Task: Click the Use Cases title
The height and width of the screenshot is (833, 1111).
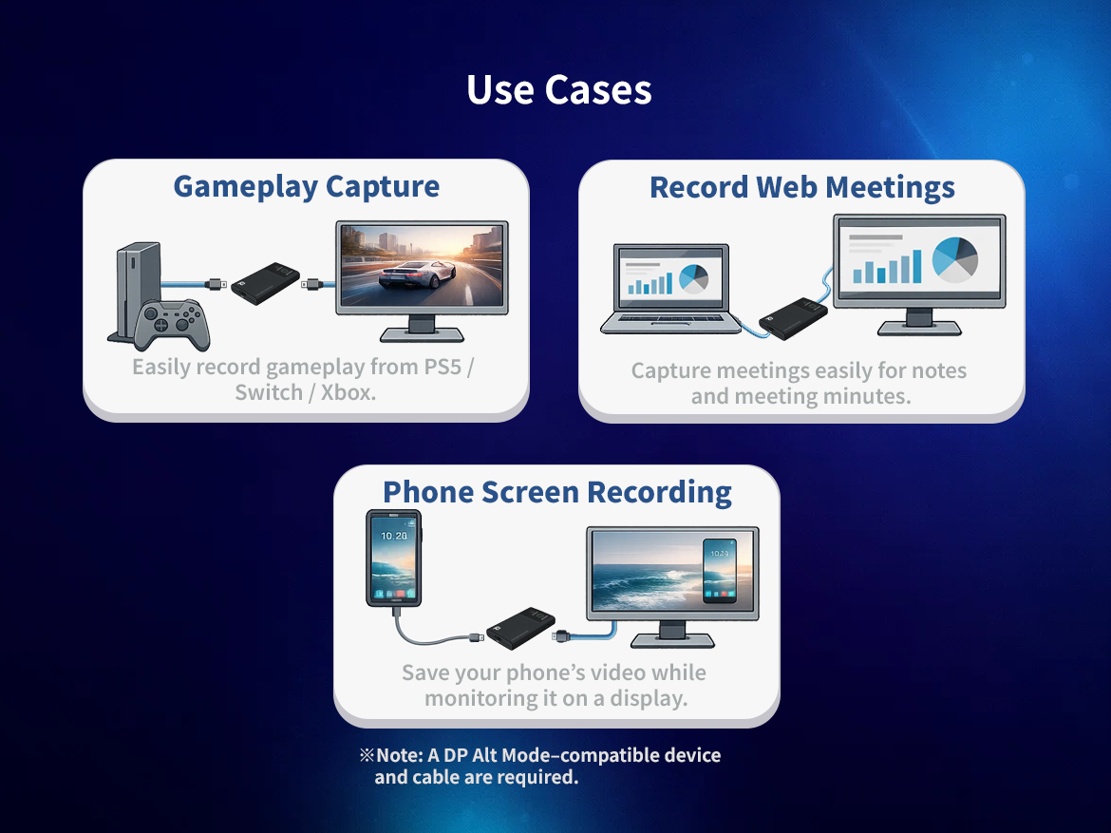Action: (558, 90)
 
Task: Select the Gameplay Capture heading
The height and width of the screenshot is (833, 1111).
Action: (306, 186)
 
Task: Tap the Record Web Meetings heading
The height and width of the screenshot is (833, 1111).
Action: (801, 187)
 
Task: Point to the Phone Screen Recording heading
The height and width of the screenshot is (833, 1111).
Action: (556, 492)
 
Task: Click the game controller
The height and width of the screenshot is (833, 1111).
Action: (171, 323)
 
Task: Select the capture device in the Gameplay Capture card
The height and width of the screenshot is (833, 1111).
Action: (265, 283)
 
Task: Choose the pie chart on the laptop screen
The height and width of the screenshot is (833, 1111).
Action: (694, 277)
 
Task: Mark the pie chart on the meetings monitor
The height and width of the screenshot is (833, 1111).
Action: (955, 256)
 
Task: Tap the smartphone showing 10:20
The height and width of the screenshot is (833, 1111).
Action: (394, 558)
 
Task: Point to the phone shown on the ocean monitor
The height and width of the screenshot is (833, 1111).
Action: (719, 570)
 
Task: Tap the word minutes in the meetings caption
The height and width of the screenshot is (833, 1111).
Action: (870, 396)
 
